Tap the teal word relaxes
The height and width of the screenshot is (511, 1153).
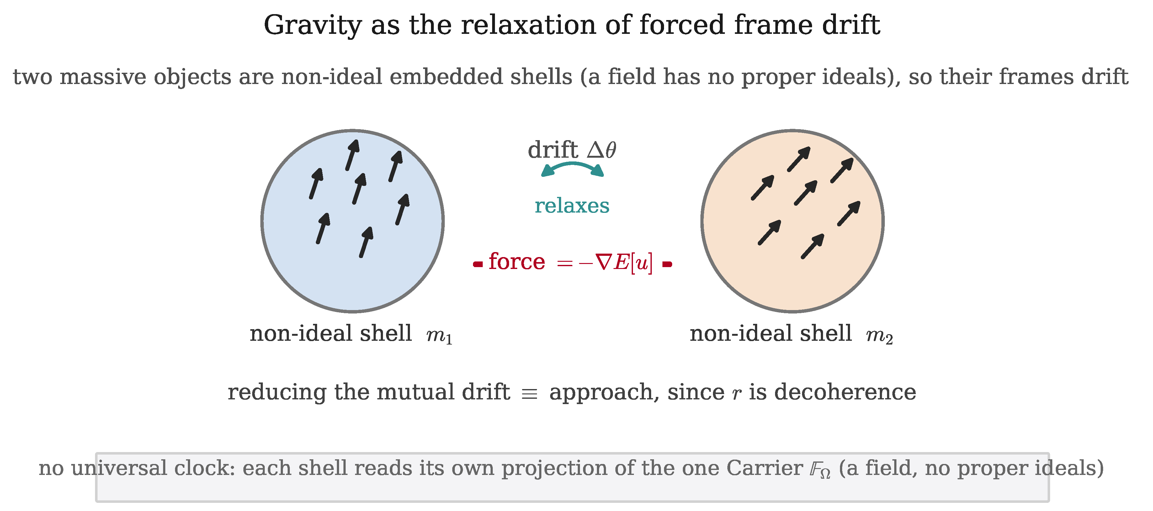[572, 206]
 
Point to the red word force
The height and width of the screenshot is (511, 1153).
[517, 261]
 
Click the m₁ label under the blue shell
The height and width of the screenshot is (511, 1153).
[439, 335]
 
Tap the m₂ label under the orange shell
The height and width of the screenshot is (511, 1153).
[879, 335]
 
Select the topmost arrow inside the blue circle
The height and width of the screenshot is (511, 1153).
[352, 155]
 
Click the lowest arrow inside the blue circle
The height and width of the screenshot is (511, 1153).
[366, 242]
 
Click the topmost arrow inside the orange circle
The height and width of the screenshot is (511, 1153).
[799, 159]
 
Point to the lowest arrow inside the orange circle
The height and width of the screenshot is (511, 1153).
[813, 246]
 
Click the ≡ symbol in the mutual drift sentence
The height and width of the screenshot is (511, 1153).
[529, 394]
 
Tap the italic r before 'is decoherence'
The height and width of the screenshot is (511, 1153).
[736, 394]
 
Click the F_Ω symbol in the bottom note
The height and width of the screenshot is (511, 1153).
[820, 469]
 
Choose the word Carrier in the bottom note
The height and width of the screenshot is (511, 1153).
[764, 468]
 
